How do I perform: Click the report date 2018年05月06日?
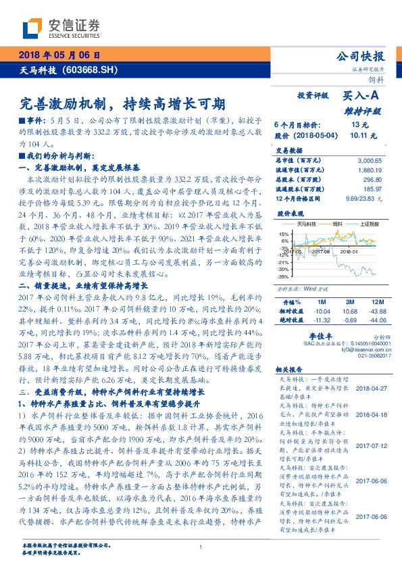tap(60, 55)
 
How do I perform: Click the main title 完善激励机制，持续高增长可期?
tap(122, 104)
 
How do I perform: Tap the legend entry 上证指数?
tap(370, 222)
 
